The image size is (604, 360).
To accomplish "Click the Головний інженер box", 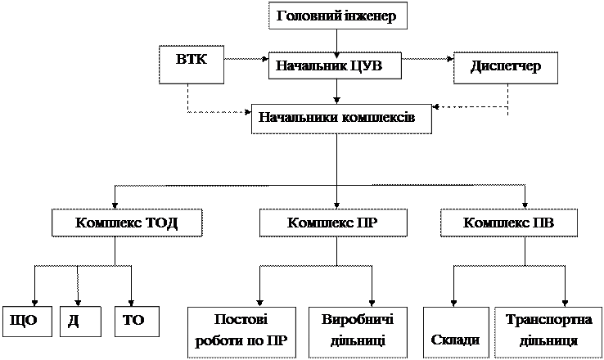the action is click(337, 16).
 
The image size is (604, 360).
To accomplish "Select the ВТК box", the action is click(192, 65).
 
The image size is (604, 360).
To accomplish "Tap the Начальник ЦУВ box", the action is click(335, 65).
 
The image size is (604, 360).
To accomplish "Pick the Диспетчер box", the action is click(506, 68).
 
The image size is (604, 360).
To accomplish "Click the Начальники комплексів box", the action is click(341, 119).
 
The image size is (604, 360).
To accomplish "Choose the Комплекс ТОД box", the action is click(127, 223).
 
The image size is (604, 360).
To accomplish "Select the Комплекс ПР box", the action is click(333, 223).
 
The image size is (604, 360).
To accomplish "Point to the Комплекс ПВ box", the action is click(509, 223).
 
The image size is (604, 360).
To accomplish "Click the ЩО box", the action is click(27, 322).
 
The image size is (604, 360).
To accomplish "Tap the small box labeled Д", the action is click(80, 322).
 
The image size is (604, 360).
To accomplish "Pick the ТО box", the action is click(137, 322).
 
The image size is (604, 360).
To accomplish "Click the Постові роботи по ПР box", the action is click(242, 332).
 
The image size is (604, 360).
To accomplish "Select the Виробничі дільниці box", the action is click(358, 332).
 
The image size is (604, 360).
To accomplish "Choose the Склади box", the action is click(456, 332).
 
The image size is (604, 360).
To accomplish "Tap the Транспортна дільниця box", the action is click(548, 332).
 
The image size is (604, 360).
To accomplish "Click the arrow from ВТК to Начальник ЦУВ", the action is click(246, 59).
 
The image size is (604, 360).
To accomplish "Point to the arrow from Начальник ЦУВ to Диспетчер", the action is click(427, 59).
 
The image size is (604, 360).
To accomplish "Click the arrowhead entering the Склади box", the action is click(453, 304).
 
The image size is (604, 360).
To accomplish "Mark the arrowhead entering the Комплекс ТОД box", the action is click(115, 205).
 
